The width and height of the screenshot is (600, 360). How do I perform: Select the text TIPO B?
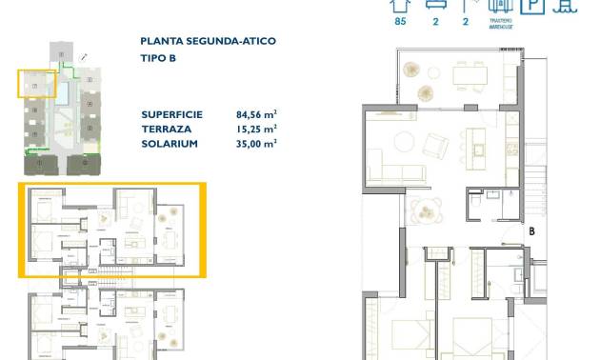click(157, 58)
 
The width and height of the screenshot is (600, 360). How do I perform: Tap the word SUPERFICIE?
click(172, 112)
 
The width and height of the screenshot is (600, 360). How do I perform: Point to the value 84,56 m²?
click(256, 112)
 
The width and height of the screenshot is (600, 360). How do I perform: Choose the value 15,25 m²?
click(256, 128)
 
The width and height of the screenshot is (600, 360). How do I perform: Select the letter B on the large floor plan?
click(531, 230)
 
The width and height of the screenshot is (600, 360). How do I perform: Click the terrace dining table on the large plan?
click(470, 74)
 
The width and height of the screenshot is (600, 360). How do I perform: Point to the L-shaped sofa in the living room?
click(396, 171)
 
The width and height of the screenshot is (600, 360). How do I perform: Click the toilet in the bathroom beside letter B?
click(472, 203)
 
